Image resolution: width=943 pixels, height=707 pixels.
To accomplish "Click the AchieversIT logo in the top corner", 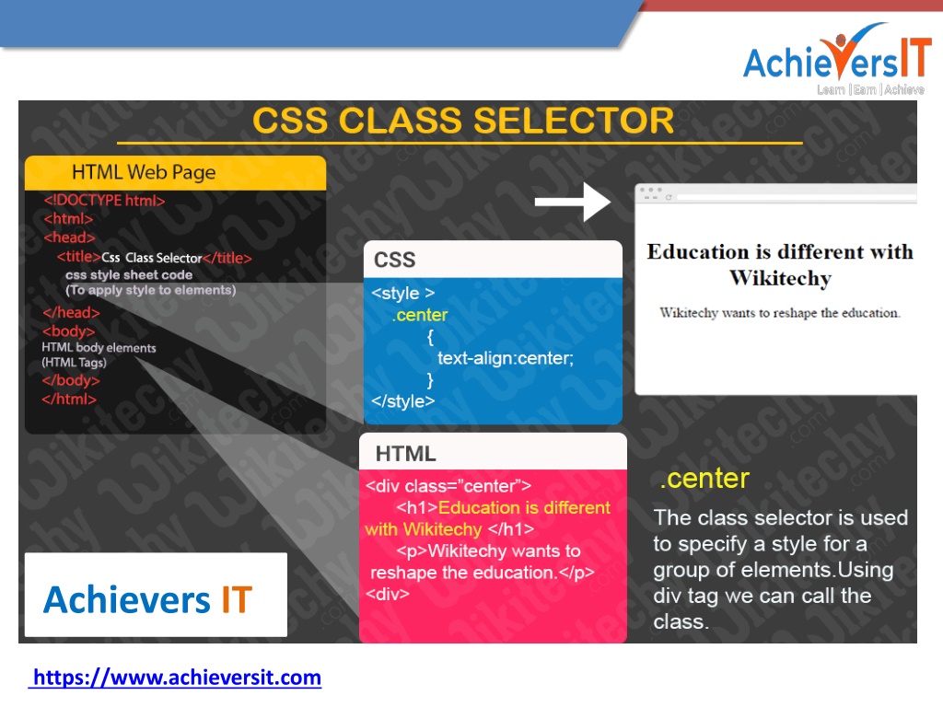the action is [x=836, y=59].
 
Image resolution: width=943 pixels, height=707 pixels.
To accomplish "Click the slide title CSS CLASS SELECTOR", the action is [x=462, y=121].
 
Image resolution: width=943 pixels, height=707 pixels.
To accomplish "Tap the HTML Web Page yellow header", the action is [x=176, y=172].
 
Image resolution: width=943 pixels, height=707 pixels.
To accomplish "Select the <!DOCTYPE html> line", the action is [x=104, y=200].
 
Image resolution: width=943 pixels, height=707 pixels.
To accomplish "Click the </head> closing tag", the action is [x=71, y=313].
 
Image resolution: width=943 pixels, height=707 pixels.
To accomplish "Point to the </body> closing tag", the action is [x=70, y=380].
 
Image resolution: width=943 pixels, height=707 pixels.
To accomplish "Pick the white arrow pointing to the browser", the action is [x=573, y=202].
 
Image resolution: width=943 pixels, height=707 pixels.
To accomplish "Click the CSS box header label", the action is [x=394, y=260].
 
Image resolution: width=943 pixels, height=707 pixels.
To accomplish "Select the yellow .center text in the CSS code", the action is [x=420, y=315].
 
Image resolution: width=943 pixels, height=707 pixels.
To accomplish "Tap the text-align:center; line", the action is [x=506, y=358].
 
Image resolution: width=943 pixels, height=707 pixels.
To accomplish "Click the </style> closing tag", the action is [x=402, y=401].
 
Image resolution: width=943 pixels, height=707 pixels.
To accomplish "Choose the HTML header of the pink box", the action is [x=405, y=454].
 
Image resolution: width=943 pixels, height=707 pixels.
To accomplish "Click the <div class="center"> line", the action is [x=448, y=486].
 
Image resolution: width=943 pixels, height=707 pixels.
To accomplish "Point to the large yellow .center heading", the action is [x=704, y=479].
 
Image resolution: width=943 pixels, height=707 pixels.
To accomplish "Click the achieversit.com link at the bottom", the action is [x=175, y=678].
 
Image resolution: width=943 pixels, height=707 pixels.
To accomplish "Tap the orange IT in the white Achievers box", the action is [x=237, y=599].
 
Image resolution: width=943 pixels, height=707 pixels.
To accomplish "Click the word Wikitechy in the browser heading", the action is [x=780, y=278].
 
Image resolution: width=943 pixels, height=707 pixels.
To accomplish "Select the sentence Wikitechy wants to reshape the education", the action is [x=779, y=313].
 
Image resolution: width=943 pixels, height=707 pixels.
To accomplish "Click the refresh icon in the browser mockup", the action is [x=669, y=197].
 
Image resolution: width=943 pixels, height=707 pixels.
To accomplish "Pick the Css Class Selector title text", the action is [x=152, y=258].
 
